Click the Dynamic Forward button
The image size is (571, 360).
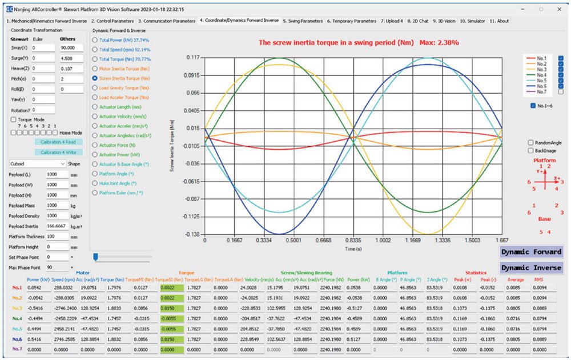click(x=531, y=252)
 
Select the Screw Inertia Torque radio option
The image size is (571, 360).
click(x=95, y=78)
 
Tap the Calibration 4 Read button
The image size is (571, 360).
click(x=59, y=142)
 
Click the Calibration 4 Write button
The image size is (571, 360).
click(x=59, y=152)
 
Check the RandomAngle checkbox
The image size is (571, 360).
click(x=532, y=142)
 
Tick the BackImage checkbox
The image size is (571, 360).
click(x=532, y=150)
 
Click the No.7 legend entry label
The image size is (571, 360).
click(x=542, y=91)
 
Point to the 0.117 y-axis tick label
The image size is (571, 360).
click(x=192, y=58)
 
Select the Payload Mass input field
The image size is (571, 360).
click(x=57, y=205)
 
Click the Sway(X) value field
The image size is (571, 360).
click(x=45, y=47)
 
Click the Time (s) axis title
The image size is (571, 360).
click(x=353, y=250)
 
